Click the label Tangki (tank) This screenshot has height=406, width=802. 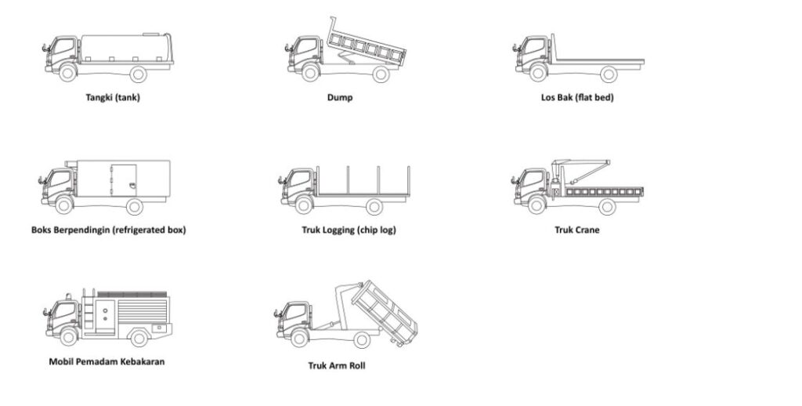(113, 98)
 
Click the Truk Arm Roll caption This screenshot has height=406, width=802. (337, 365)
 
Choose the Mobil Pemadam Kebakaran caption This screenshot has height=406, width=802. (107, 361)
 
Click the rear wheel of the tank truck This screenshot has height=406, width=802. (138, 74)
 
